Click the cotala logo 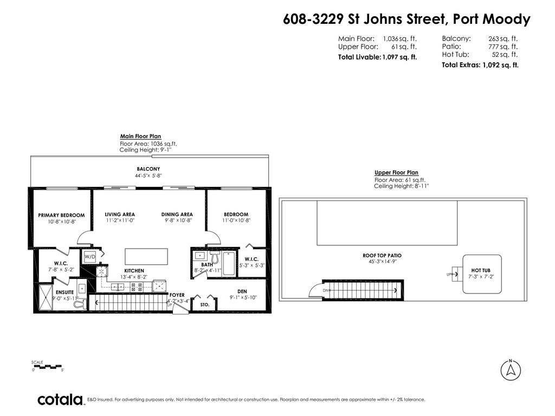60,400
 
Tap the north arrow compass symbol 511,370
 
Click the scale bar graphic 47,367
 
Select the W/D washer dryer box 89,257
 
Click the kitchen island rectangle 146,256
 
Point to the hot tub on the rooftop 482,274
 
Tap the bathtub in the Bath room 228,263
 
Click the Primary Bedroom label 62,215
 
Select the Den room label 242,291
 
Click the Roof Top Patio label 382,256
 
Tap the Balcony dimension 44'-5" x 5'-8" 149,175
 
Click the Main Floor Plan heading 140,136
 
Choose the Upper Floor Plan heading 396,172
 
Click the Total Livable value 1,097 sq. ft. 399,57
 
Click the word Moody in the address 507,19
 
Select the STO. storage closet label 205,304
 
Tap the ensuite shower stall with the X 46,297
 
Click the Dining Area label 177,214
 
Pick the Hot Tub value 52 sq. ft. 505,55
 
